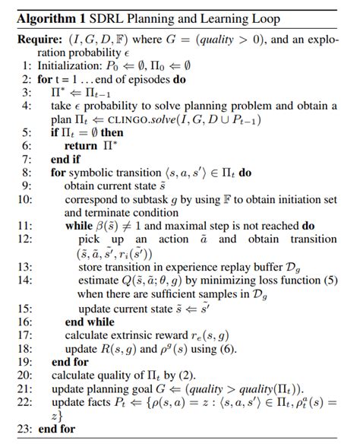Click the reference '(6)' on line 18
228,348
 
